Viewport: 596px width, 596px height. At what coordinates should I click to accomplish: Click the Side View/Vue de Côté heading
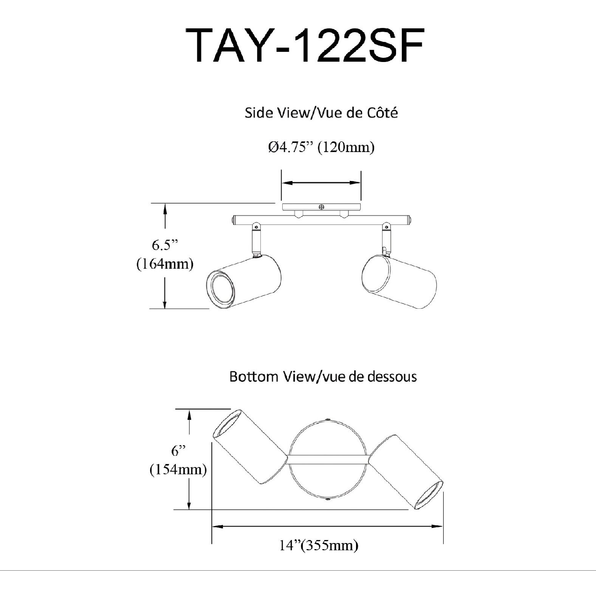pos(321,113)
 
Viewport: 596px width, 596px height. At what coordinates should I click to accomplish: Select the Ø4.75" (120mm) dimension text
pos(321,147)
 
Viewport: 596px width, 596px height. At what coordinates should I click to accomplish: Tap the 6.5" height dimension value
pos(165,245)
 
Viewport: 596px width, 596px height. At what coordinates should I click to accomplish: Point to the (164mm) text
pos(165,263)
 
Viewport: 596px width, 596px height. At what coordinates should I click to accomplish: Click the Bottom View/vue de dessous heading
pos(323,377)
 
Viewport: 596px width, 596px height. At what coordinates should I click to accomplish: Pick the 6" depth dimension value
pos(178,451)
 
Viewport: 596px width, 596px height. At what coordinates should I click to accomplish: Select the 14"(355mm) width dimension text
pos(319,545)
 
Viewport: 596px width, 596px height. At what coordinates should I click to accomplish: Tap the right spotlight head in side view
pos(399,282)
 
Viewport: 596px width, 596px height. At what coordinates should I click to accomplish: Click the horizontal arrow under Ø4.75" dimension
pos(321,183)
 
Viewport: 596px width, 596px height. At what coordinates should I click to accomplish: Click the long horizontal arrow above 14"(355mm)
pos(327,526)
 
